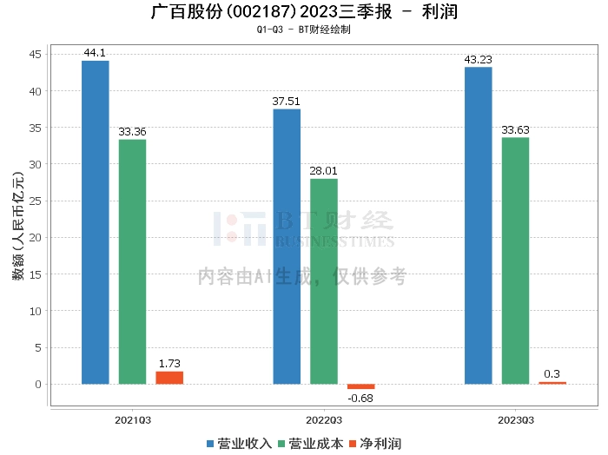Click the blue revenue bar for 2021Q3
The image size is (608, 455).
click(96, 222)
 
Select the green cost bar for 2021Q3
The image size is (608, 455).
click(132, 261)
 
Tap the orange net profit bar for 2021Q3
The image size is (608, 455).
click(169, 378)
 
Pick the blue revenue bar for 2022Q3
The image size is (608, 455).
click(287, 247)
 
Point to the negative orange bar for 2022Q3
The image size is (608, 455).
click(360, 386)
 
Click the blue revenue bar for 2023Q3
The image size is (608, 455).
click(478, 226)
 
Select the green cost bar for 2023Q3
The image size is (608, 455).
click(515, 260)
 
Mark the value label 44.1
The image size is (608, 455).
click(95, 53)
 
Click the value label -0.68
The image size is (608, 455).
click(360, 398)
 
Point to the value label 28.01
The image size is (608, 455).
click(324, 171)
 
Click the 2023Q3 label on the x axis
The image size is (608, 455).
click(515, 419)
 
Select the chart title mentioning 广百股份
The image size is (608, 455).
click(304, 12)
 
